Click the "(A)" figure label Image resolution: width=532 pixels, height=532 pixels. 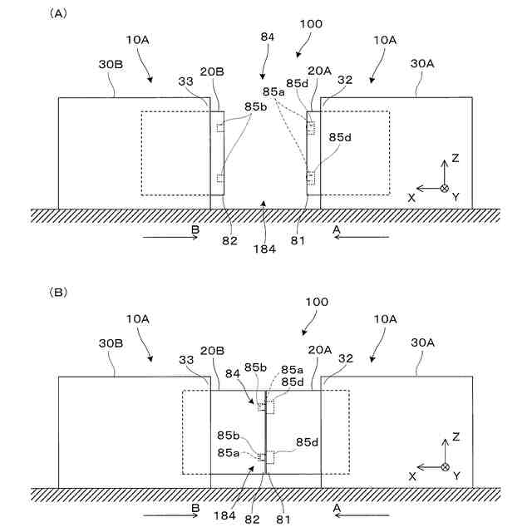(59, 13)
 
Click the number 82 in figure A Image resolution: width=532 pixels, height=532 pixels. (229, 242)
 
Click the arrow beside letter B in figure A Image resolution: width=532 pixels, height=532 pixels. (171, 237)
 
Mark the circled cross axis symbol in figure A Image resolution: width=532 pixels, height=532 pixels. (444, 188)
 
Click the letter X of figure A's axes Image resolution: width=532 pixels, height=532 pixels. (411, 197)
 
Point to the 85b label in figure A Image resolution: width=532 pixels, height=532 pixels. (256, 106)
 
